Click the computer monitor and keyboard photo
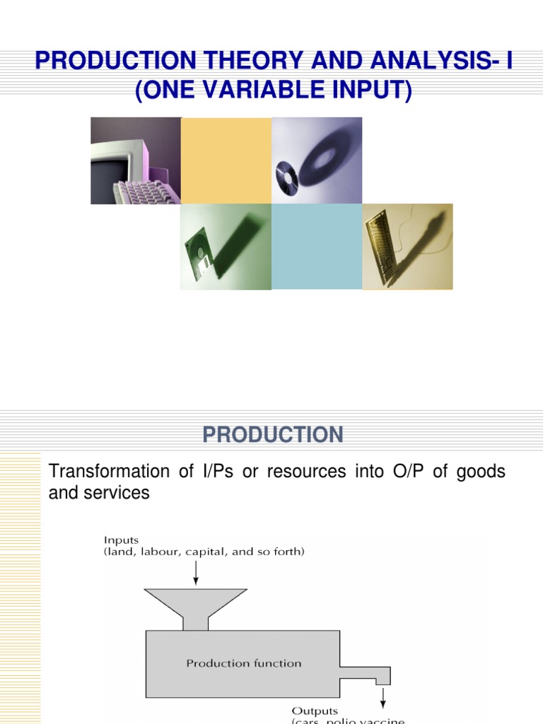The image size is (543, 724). tap(135, 161)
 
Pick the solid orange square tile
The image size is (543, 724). tap(226, 161)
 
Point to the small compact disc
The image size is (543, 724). tap(286, 173)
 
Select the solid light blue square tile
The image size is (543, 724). tap(317, 246)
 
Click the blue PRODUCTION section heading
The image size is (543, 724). tap(273, 434)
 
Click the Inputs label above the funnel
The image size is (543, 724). tap(122, 539)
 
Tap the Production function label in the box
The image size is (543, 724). tap(243, 663)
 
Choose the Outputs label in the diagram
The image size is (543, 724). tap(315, 711)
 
